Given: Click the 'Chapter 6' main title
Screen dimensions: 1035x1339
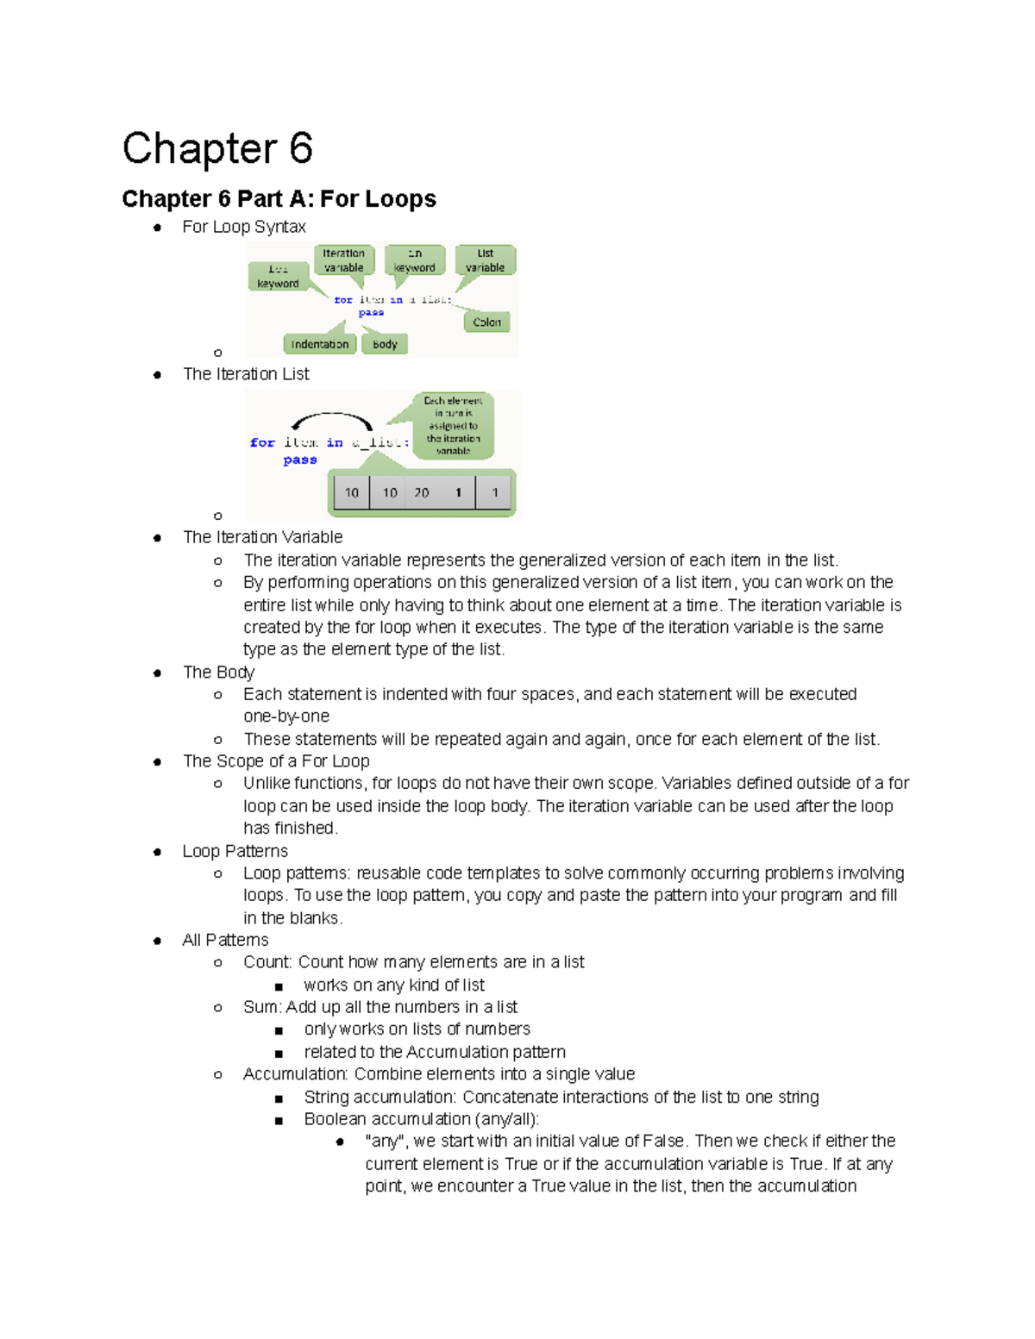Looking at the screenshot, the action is [217, 149].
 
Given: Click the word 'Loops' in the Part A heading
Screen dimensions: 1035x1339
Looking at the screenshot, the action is [401, 199].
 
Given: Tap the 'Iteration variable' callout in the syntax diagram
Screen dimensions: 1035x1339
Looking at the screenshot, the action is [343, 260].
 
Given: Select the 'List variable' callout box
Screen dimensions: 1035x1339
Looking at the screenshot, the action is [485, 260].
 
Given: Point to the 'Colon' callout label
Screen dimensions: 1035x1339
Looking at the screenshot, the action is [486, 322].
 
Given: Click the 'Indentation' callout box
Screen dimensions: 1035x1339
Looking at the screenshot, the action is [319, 344].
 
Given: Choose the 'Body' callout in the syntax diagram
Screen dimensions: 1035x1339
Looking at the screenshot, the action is [385, 344].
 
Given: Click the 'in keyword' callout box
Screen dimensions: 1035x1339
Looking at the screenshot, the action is [415, 260].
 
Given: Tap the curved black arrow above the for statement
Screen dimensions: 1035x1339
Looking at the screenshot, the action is [332, 420].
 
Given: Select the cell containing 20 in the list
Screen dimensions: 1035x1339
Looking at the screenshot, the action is [422, 493].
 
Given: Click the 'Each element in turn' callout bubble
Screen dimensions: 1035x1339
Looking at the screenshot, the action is [453, 425].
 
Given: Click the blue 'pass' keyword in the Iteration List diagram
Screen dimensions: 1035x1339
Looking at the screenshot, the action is [300, 460].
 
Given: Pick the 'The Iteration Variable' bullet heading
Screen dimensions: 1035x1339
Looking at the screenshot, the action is [262, 537].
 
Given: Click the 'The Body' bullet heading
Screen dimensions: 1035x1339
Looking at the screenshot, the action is [218, 673].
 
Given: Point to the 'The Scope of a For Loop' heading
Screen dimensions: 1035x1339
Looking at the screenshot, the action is [276, 761].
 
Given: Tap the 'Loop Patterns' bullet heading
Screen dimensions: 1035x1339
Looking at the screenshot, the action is [235, 851].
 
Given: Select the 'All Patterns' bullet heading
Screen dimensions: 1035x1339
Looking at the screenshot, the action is [225, 940].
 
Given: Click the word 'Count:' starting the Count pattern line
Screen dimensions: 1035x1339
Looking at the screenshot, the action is [267, 962].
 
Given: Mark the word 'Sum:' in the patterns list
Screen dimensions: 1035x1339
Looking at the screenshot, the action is [261, 1007].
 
